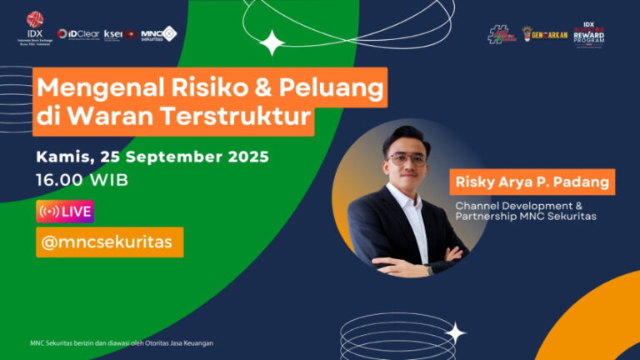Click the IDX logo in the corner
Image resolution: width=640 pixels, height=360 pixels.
pyautogui.click(x=34, y=25)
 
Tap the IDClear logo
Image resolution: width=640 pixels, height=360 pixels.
pyautogui.click(x=78, y=34)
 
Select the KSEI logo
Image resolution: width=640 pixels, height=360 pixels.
pyautogui.click(x=119, y=34)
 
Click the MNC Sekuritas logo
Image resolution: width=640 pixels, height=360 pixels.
pyautogui.click(x=158, y=34)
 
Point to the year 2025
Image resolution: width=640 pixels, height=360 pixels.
pyautogui.click(x=248, y=157)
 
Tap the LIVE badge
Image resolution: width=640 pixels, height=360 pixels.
pyautogui.click(x=64, y=212)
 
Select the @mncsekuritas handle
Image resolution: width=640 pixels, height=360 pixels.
pyautogui.click(x=108, y=242)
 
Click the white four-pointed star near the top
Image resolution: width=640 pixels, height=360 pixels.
pyautogui.click(x=272, y=42)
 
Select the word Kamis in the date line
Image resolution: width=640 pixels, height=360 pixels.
pyautogui.click(x=64, y=157)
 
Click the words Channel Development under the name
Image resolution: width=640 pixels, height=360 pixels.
pyautogui.click(x=506, y=205)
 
